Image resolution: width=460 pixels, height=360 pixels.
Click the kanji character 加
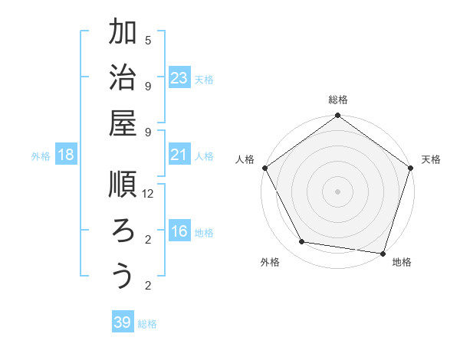[x=123, y=33]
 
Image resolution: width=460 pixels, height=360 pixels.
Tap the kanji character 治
[x=123, y=79]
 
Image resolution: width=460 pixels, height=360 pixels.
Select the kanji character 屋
[x=123, y=125]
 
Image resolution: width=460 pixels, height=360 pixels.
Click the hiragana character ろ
[x=123, y=231]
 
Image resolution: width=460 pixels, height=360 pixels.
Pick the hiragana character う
[x=123, y=276]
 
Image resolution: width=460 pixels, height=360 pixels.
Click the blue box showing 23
[x=179, y=78]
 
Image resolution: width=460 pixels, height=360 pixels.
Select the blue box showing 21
[x=179, y=155]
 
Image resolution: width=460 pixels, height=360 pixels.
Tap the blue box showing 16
[x=179, y=232]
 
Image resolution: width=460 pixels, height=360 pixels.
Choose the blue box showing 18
[x=66, y=155]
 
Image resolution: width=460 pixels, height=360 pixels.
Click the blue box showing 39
[x=123, y=322]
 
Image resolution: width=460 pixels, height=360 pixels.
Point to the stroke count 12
[x=149, y=194]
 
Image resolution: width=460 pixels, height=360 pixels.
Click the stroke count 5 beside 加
[x=148, y=40]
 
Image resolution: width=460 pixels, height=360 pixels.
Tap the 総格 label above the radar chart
[x=337, y=100]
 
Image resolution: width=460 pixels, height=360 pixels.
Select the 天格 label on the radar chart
[x=431, y=159]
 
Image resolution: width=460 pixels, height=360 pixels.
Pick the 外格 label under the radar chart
[x=270, y=262]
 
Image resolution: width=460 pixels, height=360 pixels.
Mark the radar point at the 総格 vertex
[x=337, y=116]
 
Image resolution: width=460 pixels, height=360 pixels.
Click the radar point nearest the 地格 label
[x=383, y=253]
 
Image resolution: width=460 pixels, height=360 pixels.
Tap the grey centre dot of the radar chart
[x=337, y=191]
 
